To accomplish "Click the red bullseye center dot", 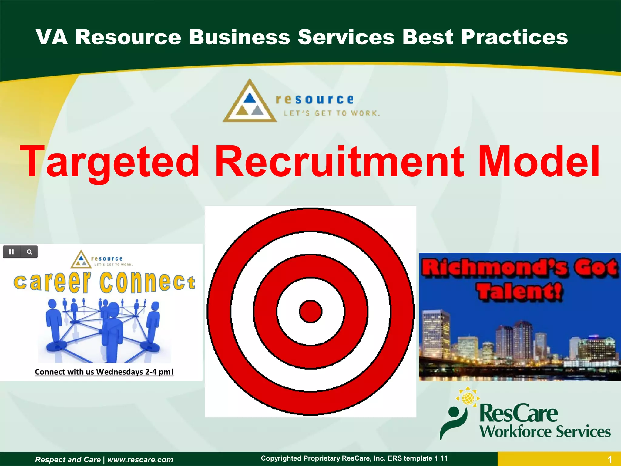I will point(310,311).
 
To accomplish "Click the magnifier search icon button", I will point(29,252).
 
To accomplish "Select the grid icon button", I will point(12,252).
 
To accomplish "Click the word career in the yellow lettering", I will point(52,282).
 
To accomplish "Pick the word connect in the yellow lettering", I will point(147,282).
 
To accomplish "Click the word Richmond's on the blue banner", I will point(494,268).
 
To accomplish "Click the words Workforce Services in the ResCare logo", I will point(545,431).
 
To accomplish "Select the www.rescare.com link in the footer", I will point(140,460).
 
